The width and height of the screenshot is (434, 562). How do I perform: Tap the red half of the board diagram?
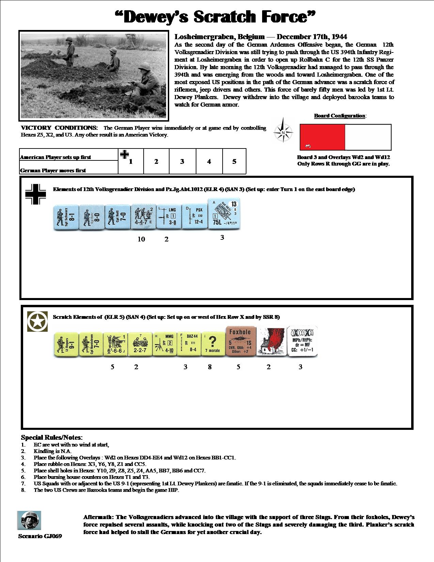point(322,137)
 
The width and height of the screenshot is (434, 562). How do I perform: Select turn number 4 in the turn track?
point(209,161)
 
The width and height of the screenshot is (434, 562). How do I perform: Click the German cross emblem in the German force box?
point(36,194)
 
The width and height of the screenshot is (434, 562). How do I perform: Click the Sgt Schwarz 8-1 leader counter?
point(65,218)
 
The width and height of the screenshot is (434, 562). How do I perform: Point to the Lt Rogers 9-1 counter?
point(66,345)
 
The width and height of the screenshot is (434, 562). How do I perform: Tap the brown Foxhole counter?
point(240,342)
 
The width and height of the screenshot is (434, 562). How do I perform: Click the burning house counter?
point(269,342)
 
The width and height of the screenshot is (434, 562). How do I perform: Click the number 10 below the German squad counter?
point(141,239)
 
